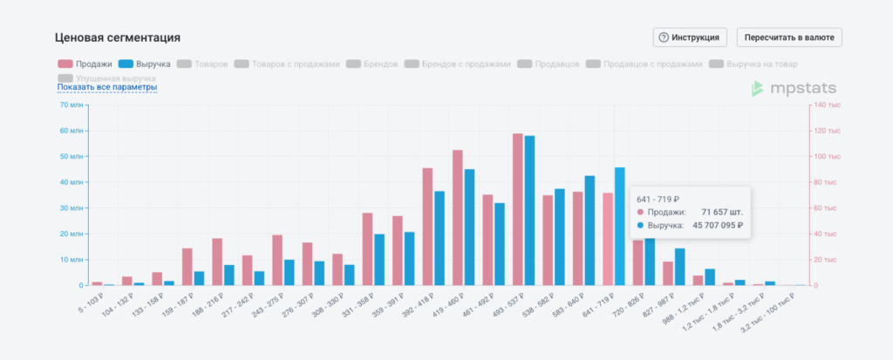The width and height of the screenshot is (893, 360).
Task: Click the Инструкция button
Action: (690, 37)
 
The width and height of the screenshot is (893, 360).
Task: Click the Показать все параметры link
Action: (107, 87)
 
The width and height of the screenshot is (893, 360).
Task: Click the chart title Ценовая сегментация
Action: (118, 37)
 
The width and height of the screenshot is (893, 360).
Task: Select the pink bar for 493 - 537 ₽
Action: (518, 209)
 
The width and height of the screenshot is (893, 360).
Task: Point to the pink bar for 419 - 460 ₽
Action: (458, 217)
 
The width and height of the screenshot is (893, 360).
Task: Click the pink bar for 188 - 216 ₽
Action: (217, 262)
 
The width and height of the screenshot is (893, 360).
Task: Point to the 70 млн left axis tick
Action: (71, 105)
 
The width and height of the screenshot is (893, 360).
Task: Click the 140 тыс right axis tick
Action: (828, 105)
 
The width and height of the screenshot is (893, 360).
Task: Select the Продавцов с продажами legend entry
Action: (644, 64)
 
